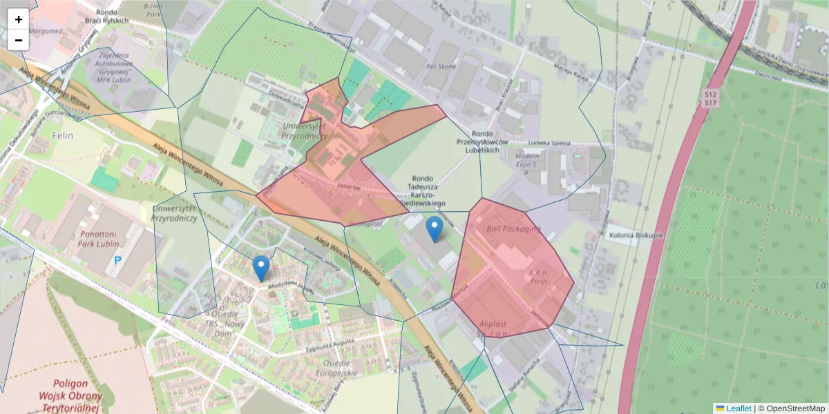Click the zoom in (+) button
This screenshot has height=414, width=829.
[19, 19]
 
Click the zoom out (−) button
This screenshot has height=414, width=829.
[19, 40]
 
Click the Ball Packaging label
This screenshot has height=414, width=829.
[513, 228]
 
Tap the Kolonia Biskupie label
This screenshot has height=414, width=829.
[636, 235]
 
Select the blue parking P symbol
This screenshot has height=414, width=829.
[118, 262]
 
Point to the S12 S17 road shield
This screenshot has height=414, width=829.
[709, 98]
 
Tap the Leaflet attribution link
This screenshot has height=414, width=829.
[738, 408]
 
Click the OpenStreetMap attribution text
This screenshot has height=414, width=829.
[795, 408]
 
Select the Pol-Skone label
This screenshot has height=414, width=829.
[441, 67]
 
